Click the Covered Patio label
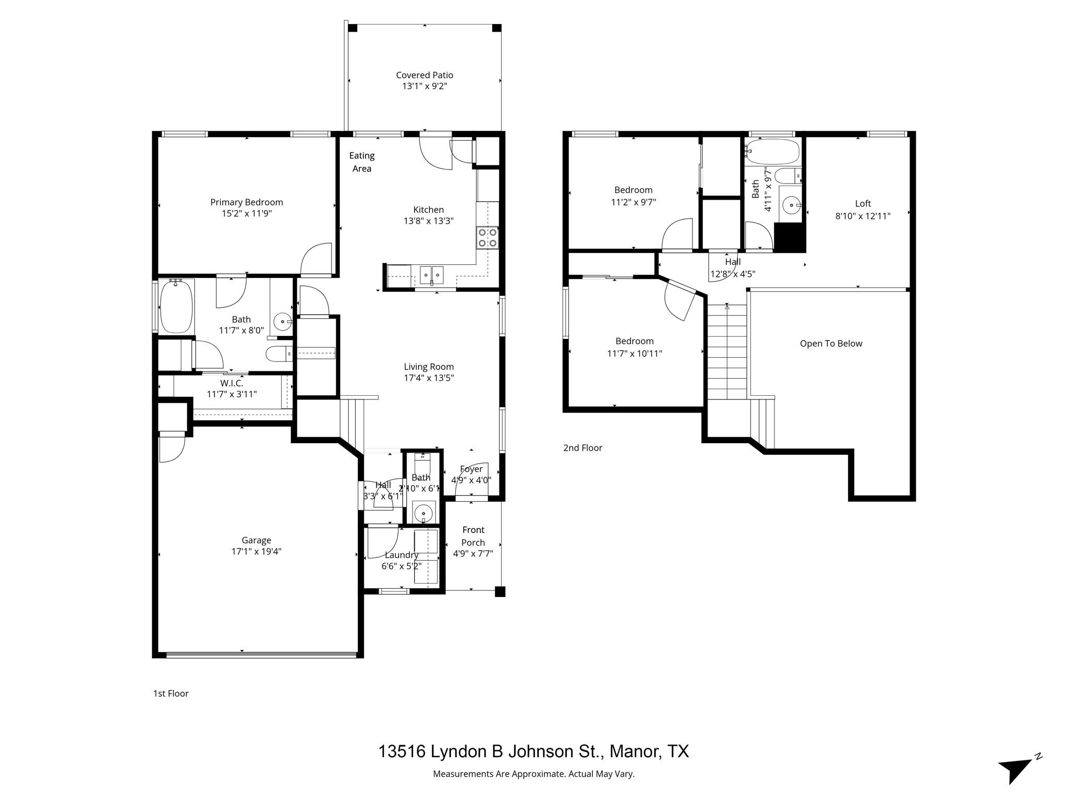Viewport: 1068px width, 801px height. (424, 75)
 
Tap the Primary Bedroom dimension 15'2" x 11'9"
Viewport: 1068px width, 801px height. (246, 214)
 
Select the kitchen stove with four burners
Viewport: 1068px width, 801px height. (488, 238)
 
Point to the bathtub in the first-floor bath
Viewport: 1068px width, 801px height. (176, 307)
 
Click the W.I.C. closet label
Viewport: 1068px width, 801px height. (232, 383)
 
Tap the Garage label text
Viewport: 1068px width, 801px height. (256, 540)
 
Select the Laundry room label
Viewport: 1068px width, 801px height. (401, 555)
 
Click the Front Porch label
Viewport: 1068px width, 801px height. (473, 536)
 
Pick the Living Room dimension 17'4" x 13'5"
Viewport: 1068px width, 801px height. (429, 378)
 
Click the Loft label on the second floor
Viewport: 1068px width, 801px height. (863, 204)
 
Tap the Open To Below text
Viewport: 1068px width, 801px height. (831, 344)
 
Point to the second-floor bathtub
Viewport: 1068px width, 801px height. (772, 152)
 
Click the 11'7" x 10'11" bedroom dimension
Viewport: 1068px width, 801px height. (634, 354)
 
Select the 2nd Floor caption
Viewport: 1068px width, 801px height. (582, 448)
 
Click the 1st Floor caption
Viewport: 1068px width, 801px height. (171, 694)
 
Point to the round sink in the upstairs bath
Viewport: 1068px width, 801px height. (792, 205)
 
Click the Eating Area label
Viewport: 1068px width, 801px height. (361, 162)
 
